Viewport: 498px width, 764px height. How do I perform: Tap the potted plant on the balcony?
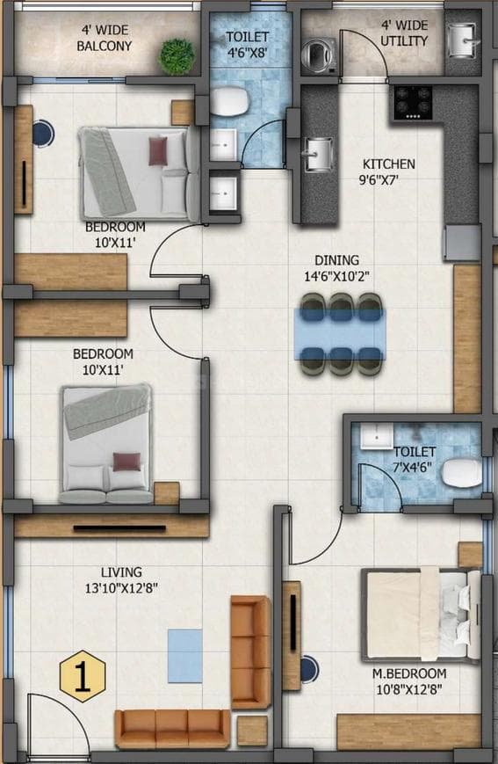click(x=177, y=55)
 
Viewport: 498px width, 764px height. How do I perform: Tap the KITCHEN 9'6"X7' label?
click(x=389, y=172)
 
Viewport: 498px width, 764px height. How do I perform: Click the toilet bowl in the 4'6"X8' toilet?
click(x=230, y=102)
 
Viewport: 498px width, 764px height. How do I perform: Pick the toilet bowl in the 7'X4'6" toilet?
click(x=460, y=473)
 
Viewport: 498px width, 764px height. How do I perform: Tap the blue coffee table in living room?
click(x=185, y=655)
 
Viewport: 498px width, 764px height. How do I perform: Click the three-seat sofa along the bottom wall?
click(x=172, y=728)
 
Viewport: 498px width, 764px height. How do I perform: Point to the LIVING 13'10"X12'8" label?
click(x=121, y=580)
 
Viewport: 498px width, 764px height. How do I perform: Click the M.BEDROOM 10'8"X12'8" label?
click(x=408, y=681)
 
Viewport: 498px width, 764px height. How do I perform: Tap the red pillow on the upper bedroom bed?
click(x=158, y=150)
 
